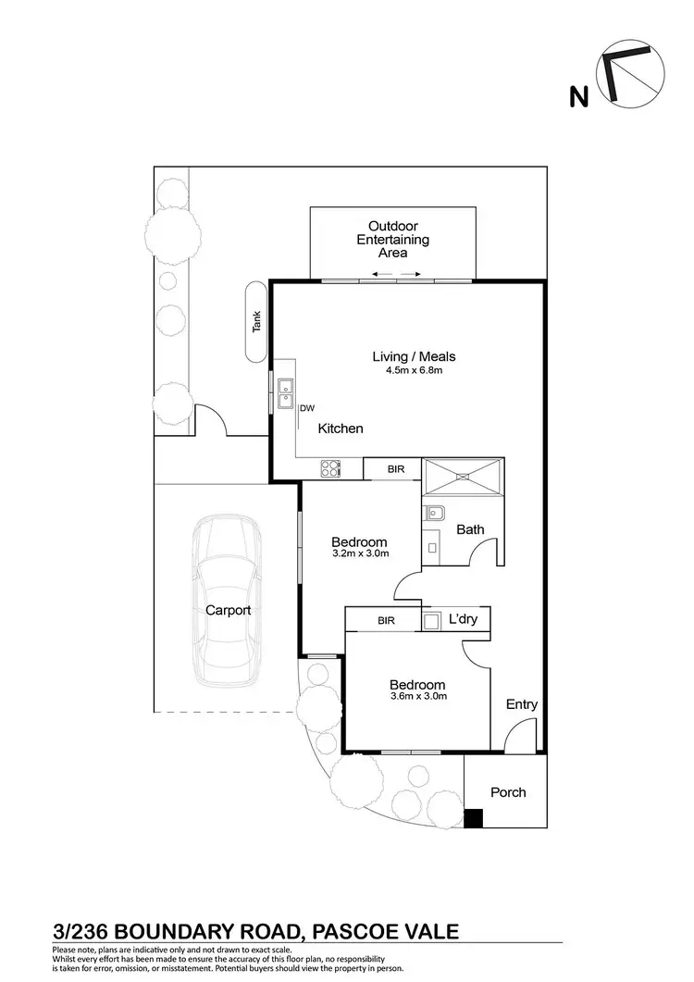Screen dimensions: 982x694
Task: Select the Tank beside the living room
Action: pos(256,322)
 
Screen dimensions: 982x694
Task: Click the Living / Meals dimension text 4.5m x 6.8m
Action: pos(414,372)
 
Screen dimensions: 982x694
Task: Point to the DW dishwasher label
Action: pos(308,408)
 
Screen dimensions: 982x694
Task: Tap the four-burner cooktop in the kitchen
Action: pos(331,469)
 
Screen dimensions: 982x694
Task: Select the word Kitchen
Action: pos(341,429)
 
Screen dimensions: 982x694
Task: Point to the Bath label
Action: pos(470,529)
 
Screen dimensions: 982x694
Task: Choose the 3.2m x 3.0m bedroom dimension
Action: pos(359,553)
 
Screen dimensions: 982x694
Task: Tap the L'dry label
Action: pos(463,619)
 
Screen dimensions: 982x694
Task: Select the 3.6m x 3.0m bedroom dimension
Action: pos(417,697)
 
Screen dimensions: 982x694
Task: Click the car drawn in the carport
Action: pos(228,611)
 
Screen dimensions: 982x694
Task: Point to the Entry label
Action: pos(521,704)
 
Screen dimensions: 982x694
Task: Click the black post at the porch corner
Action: pos(473,818)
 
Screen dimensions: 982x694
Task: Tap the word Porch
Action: pos(508,792)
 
